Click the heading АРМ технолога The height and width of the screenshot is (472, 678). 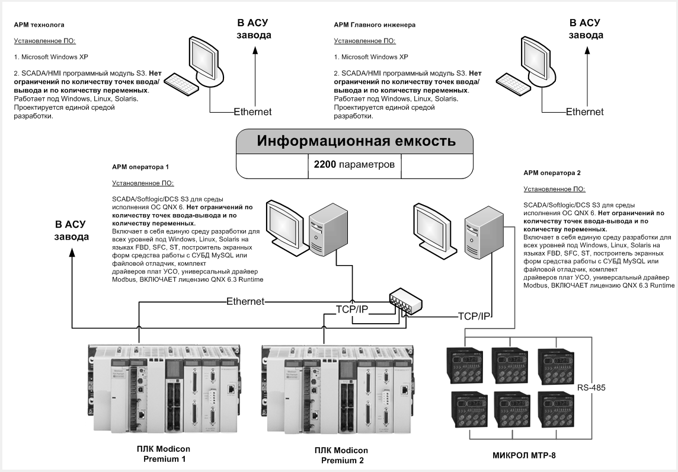(x=39, y=25)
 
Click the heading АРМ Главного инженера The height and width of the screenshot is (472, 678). (x=375, y=25)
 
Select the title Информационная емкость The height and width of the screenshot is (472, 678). (x=356, y=141)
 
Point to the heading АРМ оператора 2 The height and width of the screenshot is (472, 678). (x=552, y=173)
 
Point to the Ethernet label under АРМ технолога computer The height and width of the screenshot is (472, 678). (x=252, y=111)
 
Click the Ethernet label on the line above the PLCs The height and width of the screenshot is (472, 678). (x=245, y=301)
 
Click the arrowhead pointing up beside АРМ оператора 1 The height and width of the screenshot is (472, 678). (x=72, y=251)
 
